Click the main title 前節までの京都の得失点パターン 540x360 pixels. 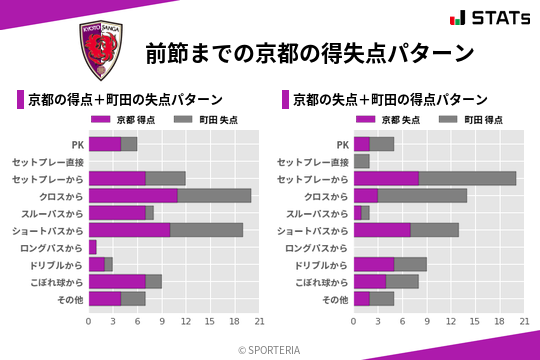tap(309, 52)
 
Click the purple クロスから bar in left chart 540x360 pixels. tap(133, 195)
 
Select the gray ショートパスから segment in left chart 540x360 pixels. tap(206, 229)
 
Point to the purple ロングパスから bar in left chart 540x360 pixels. tap(93, 246)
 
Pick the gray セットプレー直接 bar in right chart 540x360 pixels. tap(362, 161)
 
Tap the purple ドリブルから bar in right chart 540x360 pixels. tap(374, 264)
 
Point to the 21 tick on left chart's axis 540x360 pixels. tap(259, 321)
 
